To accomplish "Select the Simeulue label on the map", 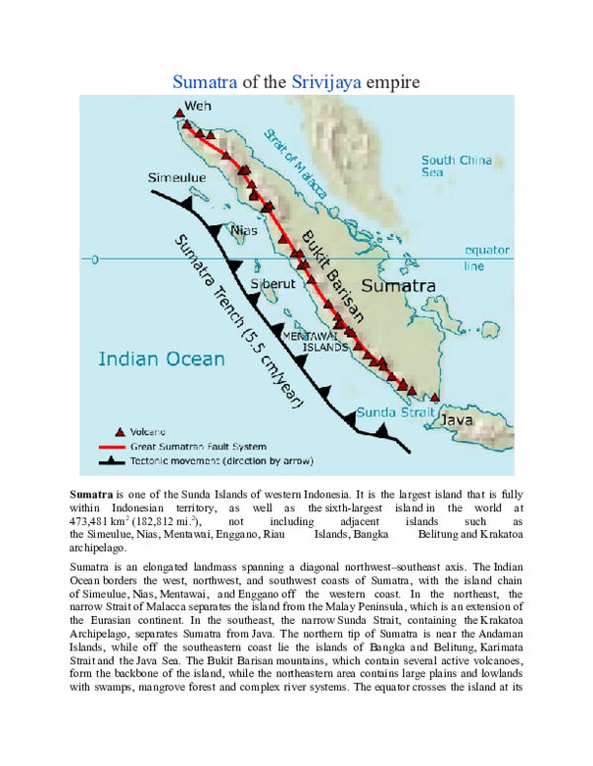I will [x=177, y=178].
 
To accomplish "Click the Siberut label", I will [x=271, y=284].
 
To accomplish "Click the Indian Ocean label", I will [x=161, y=359].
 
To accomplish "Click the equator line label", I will [x=486, y=257].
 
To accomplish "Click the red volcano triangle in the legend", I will [x=121, y=430].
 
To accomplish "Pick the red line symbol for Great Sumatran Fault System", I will [x=121, y=445].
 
